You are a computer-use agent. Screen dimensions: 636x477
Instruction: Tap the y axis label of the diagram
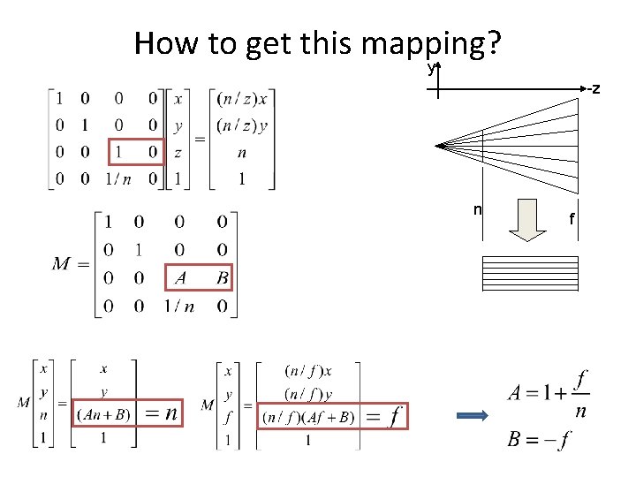[431, 68]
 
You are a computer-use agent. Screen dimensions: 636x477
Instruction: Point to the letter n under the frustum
[478, 209]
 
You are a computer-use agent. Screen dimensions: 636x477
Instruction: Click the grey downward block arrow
[528, 220]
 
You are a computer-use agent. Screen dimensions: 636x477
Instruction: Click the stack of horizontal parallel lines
[530, 273]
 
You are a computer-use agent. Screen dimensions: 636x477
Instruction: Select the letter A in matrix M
[181, 278]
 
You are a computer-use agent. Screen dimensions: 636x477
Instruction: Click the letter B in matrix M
[221, 278]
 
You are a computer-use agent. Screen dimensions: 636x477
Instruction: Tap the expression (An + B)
[104, 413]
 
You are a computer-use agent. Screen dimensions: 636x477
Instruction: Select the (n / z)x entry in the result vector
[242, 98]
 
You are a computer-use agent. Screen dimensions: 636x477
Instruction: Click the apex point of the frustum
[436, 146]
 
